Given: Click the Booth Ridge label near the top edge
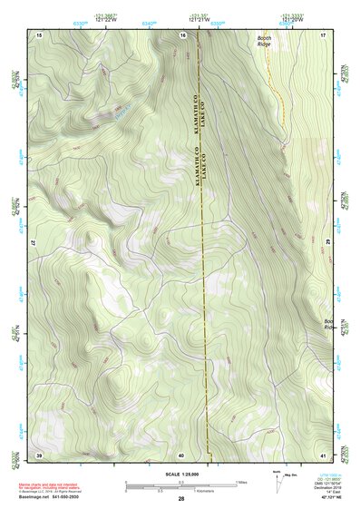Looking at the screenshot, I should click(264, 41).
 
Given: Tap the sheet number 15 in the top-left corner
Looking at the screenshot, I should click(38, 34).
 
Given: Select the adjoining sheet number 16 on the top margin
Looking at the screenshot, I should click(182, 34).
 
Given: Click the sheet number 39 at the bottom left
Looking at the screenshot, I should click(38, 455).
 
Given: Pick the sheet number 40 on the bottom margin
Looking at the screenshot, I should click(181, 455).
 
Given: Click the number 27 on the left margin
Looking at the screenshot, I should click(33, 244).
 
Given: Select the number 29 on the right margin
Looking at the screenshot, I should click(327, 244).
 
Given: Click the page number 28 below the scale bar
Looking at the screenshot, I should click(181, 499).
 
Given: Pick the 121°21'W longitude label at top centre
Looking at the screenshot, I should click(193, 17).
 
